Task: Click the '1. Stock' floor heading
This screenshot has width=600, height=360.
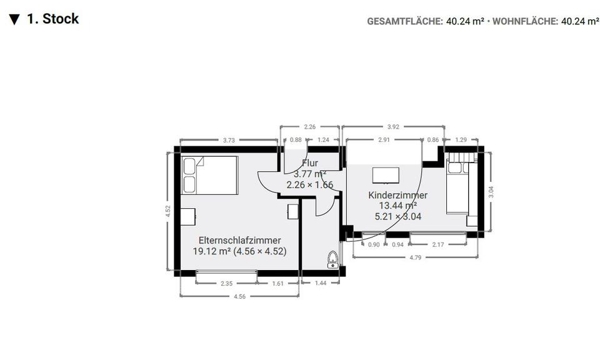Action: pyautogui.click(x=52, y=19)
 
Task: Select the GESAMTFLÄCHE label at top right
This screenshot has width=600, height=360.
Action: pyautogui.click(x=405, y=21)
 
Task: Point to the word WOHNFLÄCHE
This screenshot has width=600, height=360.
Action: pyautogui.click(x=525, y=21)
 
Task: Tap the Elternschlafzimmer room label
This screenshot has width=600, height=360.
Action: pyautogui.click(x=239, y=240)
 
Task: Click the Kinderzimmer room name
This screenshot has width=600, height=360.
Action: pyautogui.click(x=397, y=195)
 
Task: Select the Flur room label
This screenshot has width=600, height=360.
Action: pyautogui.click(x=310, y=163)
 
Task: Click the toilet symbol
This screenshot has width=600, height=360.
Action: pyautogui.click(x=333, y=260)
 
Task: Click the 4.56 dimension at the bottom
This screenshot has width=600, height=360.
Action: pyautogui.click(x=240, y=296)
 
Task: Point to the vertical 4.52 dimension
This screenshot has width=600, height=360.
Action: pyautogui.click(x=167, y=211)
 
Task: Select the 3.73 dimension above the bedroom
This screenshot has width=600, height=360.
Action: pyautogui.click(x=229, y=140)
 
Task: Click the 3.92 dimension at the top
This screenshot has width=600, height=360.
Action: pyautogui.click(x=394, y=127)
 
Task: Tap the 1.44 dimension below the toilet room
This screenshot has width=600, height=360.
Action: pyautogui.click(x=320, y=283)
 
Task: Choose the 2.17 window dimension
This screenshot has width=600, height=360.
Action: pyautogui.click(x=438, y=244)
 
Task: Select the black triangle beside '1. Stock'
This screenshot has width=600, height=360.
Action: pyautogui.click(x=14, y=19)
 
